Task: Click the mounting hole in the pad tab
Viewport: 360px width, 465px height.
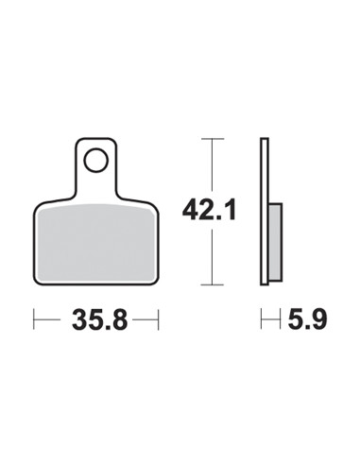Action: (x=96, y=160)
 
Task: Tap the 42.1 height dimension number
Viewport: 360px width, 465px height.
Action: (x=209, y=209)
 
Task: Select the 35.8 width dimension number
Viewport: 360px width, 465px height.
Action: (x=100, y=319)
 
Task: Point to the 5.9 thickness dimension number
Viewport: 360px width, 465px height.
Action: (x=308, y=319)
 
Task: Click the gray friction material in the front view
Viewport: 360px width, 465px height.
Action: (x=96, y=243)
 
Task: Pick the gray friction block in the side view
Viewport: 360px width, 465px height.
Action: (x=275, y=242)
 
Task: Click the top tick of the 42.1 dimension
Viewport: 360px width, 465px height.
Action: (x=213, y=139)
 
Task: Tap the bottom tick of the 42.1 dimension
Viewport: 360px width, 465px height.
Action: (x=213, y=284)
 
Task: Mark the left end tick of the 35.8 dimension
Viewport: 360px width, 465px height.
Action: (x=34, y=319)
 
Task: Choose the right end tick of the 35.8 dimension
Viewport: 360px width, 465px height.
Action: (x=159, y=319)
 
